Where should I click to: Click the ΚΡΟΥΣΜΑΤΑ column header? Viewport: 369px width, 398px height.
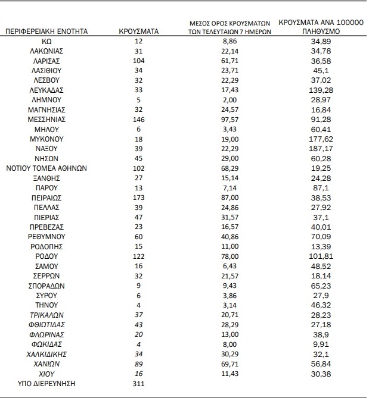tap(138, 30)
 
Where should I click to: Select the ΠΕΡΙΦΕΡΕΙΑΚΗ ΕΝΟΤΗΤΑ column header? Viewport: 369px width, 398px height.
tap(46, 30)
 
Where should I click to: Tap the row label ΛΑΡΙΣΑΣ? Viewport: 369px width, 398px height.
tap(46, 61)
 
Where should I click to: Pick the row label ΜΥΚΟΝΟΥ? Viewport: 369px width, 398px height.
tap(46, 139)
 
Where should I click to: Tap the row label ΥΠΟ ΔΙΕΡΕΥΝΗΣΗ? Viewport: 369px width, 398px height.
tap(46, 383)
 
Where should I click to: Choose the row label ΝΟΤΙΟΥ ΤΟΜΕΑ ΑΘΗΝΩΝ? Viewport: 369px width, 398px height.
tap(46, 168)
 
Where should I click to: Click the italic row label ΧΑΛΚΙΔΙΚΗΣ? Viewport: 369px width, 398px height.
tap(46, 354)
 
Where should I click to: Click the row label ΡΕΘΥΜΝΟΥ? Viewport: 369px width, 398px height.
tap(46, 236)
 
